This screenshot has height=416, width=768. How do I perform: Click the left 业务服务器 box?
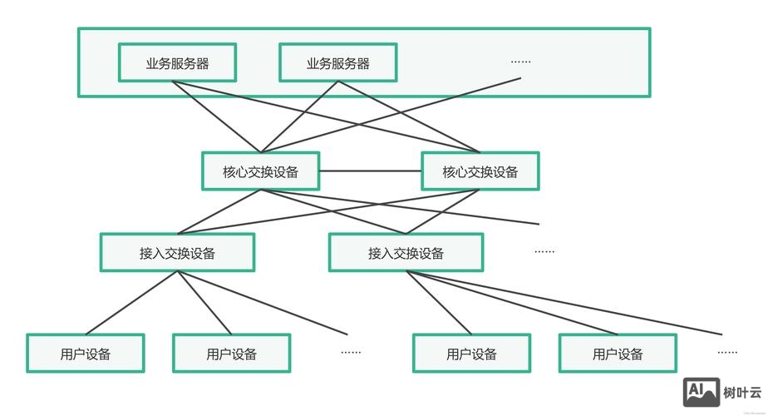pyautogui.click(x=177, y=63)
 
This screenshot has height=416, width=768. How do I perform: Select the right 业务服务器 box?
pyautogui.click(x=337, y=63)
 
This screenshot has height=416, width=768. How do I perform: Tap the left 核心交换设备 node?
pyautogui.click(x=260, y=171)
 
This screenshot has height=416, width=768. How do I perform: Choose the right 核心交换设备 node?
pyautogui.click(x=480, y=171)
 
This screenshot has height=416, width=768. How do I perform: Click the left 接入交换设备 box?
pyautogui.click(x=177, y=252)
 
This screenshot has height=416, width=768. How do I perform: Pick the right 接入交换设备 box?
pyautogui.click(x=406, y=252)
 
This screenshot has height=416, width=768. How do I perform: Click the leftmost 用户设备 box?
pyautogui.click(x=86, y=354)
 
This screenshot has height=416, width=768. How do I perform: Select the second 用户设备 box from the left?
pyautogui.click(x=231, y=354)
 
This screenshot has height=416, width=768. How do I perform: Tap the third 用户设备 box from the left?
pyautogui.click(x=471, y=354)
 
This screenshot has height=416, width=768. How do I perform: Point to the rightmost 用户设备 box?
pyautogui.click(x=618, y=354)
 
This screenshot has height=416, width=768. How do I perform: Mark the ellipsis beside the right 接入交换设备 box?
pyautogui.click(x=544, y=251)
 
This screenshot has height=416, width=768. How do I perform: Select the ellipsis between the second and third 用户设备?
pyautogui.click(x=351, y=352)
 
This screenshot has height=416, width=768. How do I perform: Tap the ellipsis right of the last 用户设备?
pyautogui.click(x=727, y=352)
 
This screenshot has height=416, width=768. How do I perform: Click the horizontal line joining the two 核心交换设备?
pyautogui.click(x=370, y=171)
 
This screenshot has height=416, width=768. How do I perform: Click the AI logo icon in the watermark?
pyautogui.click(x=701, y=392)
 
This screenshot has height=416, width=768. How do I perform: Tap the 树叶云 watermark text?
pyautogui.click(x=740, y=393)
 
